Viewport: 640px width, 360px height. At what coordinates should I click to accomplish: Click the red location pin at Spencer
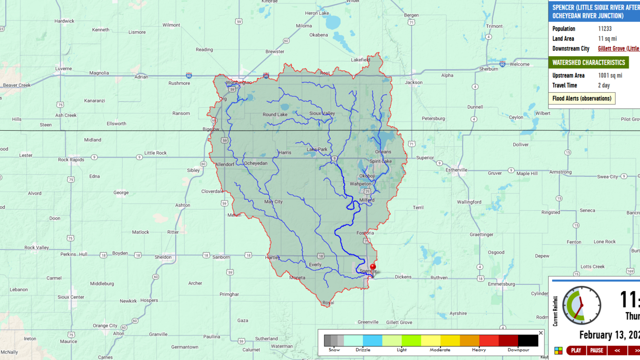[373, 267]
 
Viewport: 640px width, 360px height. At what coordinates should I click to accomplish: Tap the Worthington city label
[239, 82]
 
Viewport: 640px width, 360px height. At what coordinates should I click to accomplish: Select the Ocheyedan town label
[256, 163]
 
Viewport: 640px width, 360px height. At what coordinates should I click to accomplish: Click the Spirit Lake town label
[380, 161]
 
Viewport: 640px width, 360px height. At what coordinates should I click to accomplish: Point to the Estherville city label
[457, 170]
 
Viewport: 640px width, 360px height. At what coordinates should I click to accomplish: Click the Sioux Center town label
[71, 297]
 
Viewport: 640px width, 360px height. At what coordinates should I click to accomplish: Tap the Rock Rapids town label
[71, 160]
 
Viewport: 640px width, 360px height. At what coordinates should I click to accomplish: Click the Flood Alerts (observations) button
[581, 99]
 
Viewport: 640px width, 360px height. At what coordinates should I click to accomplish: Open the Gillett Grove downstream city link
[618, 49]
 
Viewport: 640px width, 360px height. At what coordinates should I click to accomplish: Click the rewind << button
[617, 350]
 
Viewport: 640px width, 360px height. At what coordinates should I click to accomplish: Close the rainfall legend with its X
[540, 333]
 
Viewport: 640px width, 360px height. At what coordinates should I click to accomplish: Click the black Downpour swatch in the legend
[528, 340]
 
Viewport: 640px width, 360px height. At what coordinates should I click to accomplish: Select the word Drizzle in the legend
[363, 350]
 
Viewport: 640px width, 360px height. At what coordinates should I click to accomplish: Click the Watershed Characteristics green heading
[588, 62]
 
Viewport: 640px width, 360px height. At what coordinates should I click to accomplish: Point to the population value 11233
[605, 29]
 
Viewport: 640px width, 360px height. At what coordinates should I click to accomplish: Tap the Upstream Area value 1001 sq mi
[610, 76]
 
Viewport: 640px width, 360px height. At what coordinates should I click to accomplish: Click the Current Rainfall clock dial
[581, 305]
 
